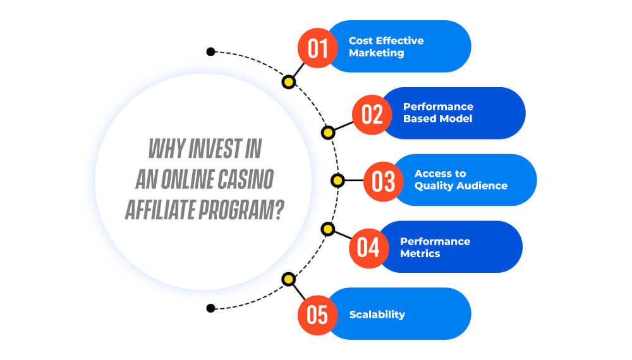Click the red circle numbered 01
[x=318, y=48]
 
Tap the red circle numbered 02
[x=372, y=115]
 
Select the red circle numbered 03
[x=384, y=181]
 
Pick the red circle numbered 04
[x=369, y=248]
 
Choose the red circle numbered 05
[x=318, y=315]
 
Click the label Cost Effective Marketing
[x=386, y=47]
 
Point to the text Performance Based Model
[x=438, y=112]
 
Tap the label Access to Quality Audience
[x=461, y=179]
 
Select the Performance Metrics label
[x=435, y=247]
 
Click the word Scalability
[x=377, y=315]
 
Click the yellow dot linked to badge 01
[x=289, y=82]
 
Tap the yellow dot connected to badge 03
[x=337, y=181]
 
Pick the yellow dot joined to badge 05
[x=289, y=279]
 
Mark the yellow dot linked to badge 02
[x=328, y=133]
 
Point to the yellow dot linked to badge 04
[x=328, y=229]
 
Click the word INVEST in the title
[x=215, y=148]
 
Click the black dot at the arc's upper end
[x=210, y=52]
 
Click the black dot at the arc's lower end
[x=210, y=308]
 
